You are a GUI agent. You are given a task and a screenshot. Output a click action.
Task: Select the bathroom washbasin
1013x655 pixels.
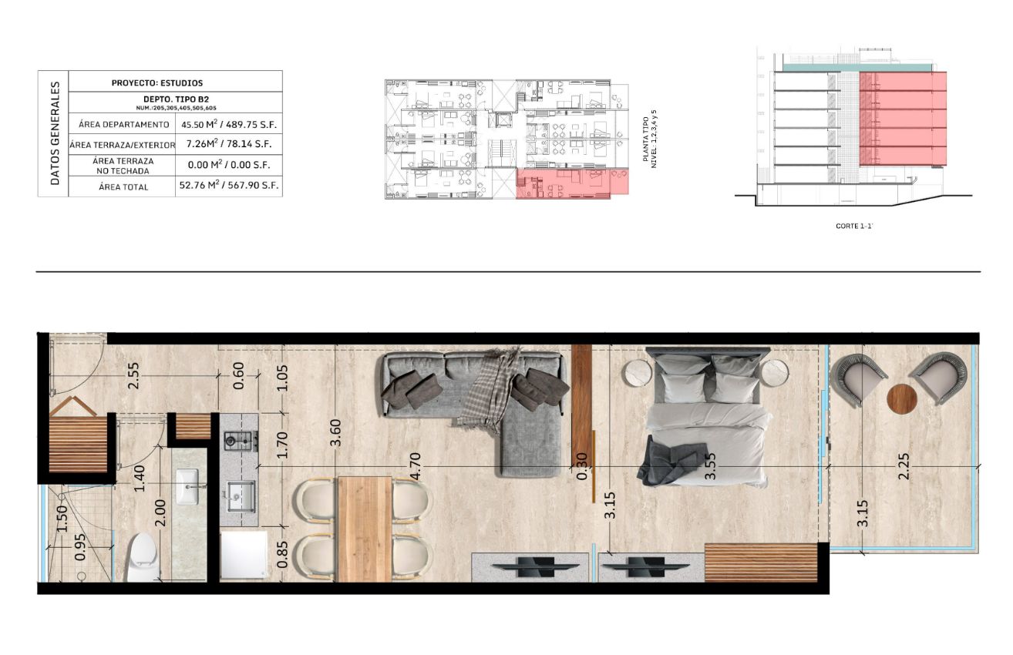(187, 486)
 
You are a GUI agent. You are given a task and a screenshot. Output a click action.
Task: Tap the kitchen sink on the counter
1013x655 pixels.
(240, 495)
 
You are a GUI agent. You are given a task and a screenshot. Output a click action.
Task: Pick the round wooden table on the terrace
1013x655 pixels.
(901, 399)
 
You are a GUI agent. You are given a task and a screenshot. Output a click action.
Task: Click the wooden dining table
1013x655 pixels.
(365, 529)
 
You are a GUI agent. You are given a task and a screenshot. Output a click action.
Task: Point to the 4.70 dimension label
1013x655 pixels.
(416, 465)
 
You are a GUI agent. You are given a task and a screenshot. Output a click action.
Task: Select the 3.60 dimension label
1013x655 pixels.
(335, 433)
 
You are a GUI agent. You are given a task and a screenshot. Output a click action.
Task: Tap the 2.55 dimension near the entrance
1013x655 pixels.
(133, 375)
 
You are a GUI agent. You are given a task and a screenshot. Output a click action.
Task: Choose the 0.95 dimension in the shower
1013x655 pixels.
(80, 547)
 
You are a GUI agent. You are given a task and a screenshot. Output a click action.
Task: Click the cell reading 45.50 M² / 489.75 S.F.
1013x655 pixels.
(229, 124)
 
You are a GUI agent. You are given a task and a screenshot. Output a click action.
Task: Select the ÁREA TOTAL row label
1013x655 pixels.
(123, 186)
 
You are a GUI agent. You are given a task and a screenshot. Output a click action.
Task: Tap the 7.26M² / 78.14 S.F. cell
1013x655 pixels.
(229, 144)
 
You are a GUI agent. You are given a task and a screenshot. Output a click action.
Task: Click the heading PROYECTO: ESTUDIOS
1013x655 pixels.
(157, 83)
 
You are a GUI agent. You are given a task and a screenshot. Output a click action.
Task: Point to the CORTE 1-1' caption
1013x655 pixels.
(853, 226)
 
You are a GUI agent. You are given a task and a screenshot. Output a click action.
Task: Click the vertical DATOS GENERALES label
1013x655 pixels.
(56, 133)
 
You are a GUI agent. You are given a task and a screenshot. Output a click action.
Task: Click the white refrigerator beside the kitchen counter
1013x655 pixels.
(244, 555)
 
